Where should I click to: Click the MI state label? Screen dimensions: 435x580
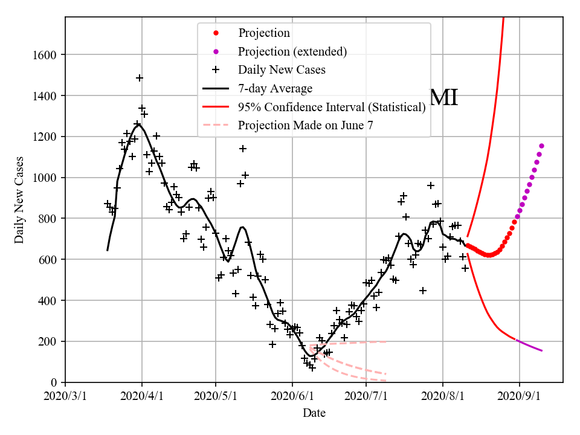(x=443, y=97)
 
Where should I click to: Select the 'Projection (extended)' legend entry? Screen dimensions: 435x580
(x=292, y=51)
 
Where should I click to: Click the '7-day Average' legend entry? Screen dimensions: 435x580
(x=275, y=88)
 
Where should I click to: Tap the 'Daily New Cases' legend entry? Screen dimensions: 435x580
(x=282, y=69)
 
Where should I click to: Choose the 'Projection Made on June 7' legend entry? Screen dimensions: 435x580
(x=305, y=125)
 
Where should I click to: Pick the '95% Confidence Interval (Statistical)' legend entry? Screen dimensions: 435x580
(x=332, y=107)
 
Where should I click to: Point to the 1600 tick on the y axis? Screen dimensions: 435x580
(x=48, y=55)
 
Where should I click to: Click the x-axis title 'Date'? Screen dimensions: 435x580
(x=314, y=413)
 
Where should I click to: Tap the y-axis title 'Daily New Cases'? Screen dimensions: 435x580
(x=19, y=201)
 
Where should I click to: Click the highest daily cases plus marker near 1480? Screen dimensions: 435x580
(x=140, y=78)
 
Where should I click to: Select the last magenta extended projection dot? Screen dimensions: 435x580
(x=541, y=146)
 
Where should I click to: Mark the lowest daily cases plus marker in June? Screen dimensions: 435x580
(x=312, y=367)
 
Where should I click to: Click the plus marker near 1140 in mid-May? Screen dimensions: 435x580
(x=243, y=149)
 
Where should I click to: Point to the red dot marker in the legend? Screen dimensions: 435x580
(x=215, y=33)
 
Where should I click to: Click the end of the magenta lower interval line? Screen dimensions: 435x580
(x=542, y=350)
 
